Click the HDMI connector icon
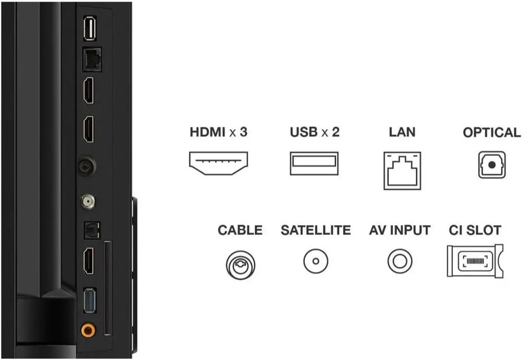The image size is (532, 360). coord(218,163)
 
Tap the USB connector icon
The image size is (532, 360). coord(314,163)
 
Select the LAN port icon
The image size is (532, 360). coord(402,171)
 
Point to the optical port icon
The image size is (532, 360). coord(492,165)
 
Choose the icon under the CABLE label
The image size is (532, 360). coord(241,265)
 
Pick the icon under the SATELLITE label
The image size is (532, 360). coord(316,261)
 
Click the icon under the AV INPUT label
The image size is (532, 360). coord(400,261)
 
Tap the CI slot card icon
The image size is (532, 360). coord(475,261)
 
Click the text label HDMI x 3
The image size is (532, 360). coord(218,132)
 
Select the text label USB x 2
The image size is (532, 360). coord(315,132)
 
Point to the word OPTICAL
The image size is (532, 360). coord(492,132)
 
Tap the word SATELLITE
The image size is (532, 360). coord(316,230)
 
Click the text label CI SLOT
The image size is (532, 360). coord(475,230)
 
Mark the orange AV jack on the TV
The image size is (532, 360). coord(88,329)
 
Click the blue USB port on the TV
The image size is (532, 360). coord(90,301)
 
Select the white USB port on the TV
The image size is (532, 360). coord(90,29)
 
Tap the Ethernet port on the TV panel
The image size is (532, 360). coord(92,59)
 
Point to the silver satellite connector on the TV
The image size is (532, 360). coord(88,202)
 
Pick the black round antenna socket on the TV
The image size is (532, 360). coord(87,166)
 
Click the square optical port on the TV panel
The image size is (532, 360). coord(92,231)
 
